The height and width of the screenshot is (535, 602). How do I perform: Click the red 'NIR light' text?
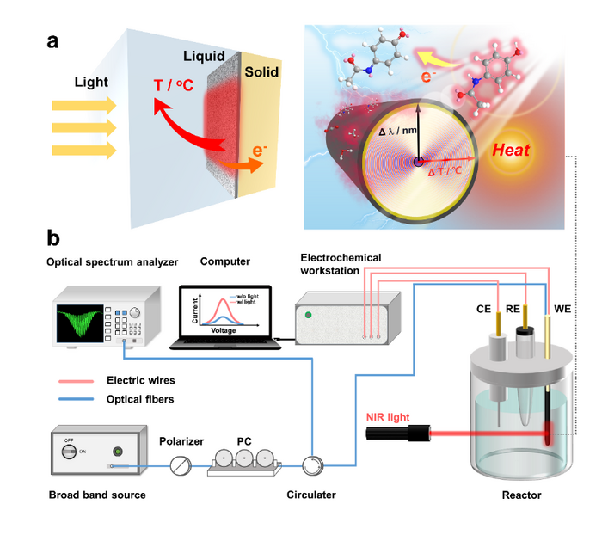(386, 417)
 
